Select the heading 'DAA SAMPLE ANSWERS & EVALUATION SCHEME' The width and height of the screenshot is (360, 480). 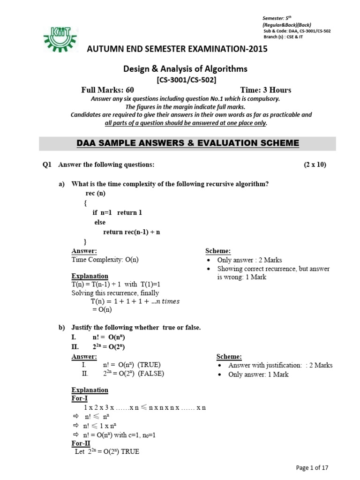[187, 143]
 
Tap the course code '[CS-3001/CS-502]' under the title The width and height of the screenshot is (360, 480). [186, 80]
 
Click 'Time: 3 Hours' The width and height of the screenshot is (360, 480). [265, 90]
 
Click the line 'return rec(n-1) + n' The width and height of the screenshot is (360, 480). [132, 232]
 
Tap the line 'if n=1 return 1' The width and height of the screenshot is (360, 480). [117, 212]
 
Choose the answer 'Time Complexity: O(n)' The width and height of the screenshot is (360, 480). [105, 260]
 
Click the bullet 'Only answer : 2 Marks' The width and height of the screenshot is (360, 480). [249, 260]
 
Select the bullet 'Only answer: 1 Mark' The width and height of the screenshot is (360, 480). [258, 374]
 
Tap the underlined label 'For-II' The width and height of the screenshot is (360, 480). [81, 443]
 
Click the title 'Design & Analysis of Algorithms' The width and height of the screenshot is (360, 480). [185, 69]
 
